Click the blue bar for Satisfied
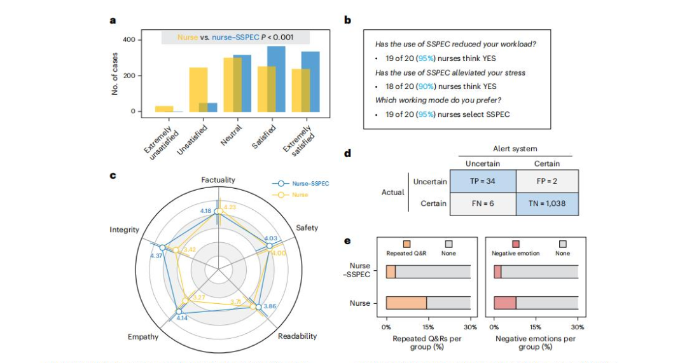(x=277, y=79)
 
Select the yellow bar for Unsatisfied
(x=198, y=90)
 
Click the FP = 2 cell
(x=546, y=182)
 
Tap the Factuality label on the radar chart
(x=218, y=180)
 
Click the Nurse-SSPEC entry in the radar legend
(x=308, y=183)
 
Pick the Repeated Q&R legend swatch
(x=407, y=244)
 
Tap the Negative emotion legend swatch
(x=516, y=244)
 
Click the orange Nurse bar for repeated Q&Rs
(x=406, y=303)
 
